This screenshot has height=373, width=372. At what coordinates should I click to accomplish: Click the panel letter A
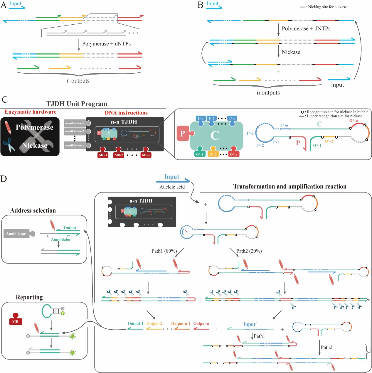click(4, 5)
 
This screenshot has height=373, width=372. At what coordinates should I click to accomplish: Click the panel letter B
click(201, 5)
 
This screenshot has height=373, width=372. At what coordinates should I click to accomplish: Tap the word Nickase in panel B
click(291, 52)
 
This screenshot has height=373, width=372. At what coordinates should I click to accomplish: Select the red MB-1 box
click(103, 155)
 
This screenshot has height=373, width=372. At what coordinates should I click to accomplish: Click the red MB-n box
click(146, 155)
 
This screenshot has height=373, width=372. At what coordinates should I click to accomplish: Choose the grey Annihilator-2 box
click(75, 131)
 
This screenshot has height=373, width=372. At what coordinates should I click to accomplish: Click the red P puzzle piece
click(183, 133)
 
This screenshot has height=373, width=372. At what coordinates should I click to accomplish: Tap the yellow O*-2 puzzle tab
click(213, 154)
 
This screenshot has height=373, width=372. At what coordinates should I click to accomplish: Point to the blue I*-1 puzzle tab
click(201, 119)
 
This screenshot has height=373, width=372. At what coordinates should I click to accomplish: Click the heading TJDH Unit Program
click(77, 104)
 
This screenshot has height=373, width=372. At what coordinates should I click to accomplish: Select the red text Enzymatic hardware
click(31, 112)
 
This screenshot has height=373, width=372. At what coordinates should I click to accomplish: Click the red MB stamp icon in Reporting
click(16, 319)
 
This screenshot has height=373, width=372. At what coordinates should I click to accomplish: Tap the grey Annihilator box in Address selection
click(16, 234)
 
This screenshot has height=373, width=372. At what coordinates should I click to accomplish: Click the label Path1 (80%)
click(164, 251)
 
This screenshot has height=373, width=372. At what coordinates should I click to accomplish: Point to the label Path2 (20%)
click(249, 251)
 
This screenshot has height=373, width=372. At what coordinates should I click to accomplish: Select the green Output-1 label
click(135, 323)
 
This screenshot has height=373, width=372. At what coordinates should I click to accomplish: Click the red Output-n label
click(201, 323)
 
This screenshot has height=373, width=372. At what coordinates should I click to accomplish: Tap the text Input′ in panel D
click(250, 324)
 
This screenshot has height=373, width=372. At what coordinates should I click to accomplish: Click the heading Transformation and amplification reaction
click(290, 186)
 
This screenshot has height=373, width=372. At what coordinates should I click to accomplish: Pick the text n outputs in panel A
click(78, 81)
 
